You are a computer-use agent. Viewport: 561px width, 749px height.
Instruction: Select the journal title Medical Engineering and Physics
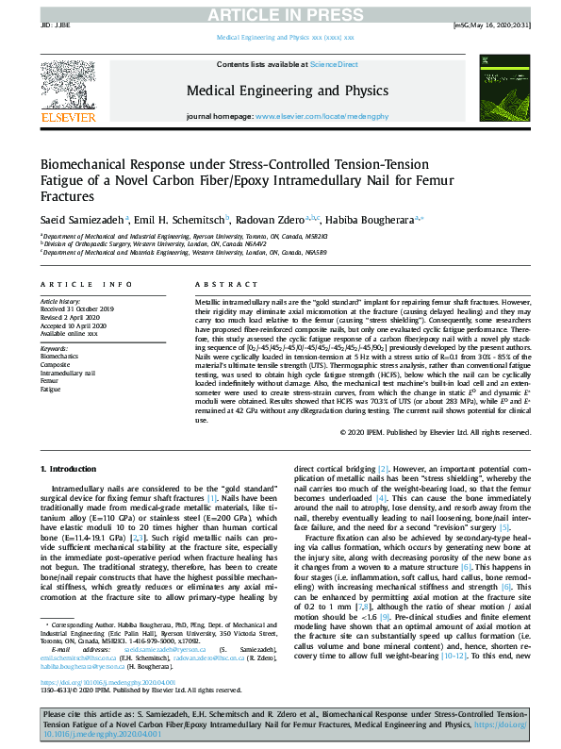[x=287, y=91]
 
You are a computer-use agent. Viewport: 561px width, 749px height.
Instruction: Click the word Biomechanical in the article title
[x=88, y=164]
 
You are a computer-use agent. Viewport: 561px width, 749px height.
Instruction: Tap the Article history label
[x=61, y=300]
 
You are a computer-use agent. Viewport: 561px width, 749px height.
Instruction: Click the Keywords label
[x=56, y=349]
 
